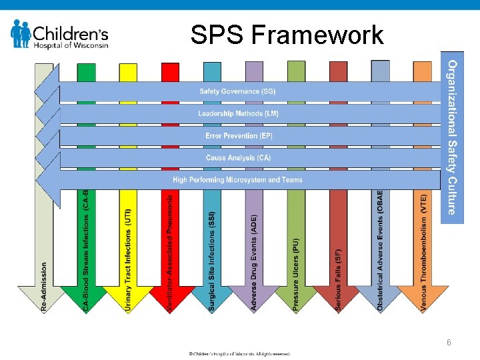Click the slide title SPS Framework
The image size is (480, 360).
(287, 35)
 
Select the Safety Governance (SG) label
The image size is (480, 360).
(237, 91)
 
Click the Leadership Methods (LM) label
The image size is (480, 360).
(238, 114)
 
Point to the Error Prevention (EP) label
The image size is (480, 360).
(239, 136)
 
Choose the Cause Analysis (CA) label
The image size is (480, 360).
(238, 158)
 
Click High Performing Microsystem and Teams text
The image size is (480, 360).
(237, 180)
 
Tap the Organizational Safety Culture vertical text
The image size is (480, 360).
(451, 137)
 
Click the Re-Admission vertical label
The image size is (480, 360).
(45, 285)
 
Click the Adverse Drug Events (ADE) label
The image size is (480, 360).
(254, 262)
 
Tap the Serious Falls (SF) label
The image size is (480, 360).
(338, 280)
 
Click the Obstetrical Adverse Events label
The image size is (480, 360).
(381, 250)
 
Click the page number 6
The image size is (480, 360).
(449, 343)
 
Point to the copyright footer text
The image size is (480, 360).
(239, 353)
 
